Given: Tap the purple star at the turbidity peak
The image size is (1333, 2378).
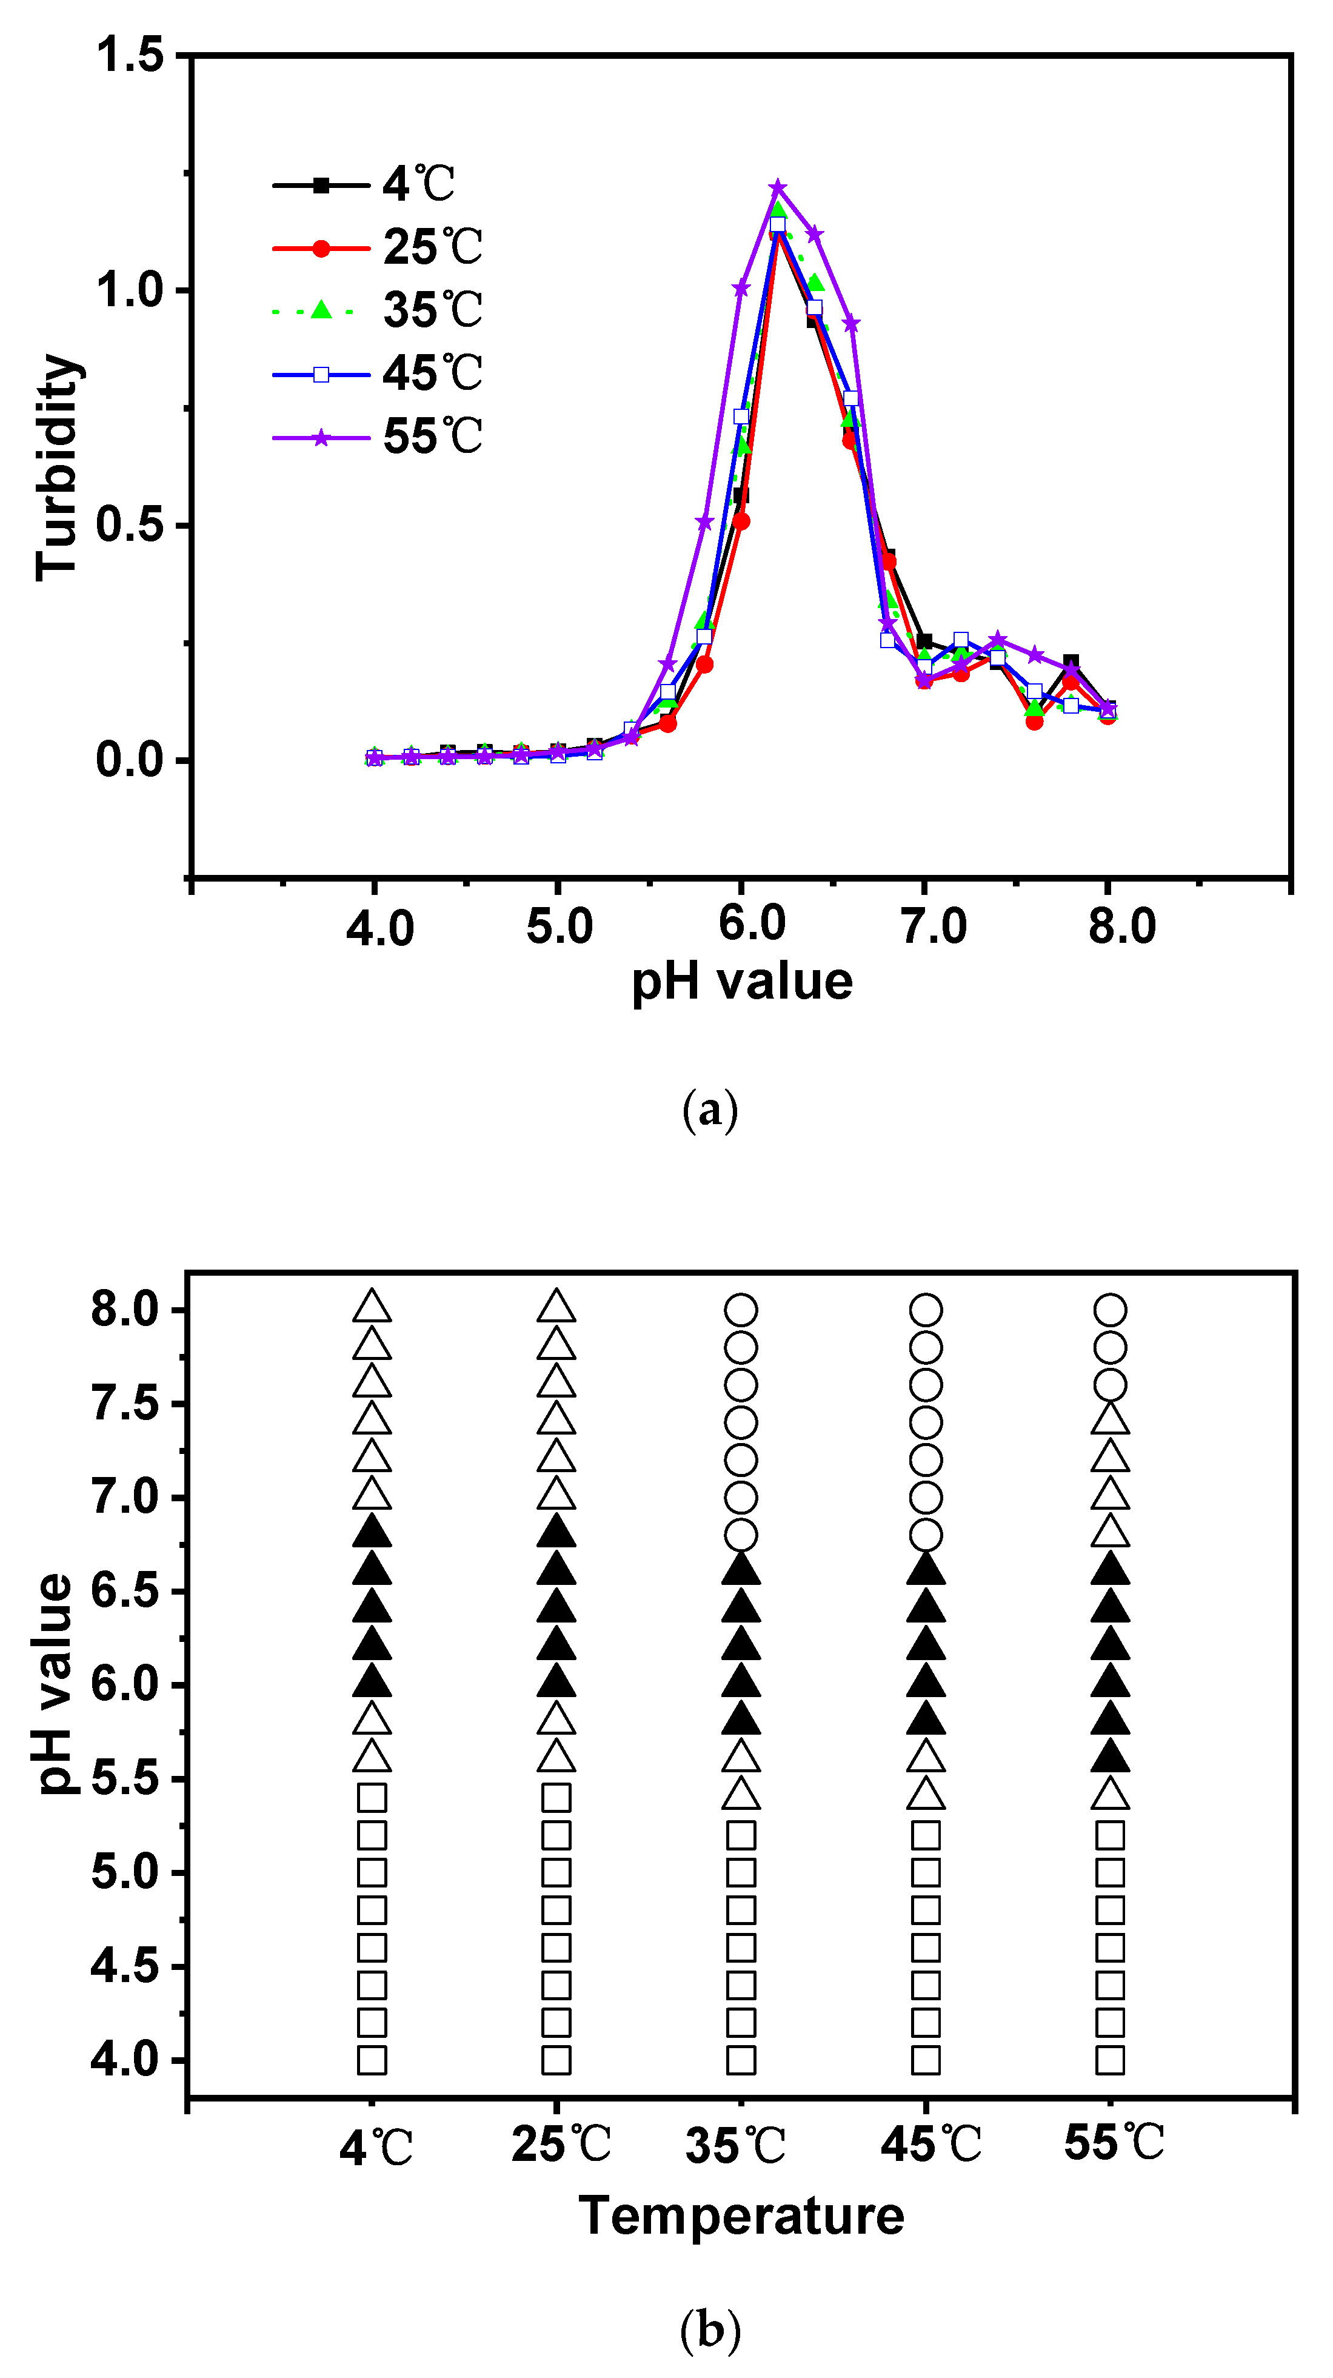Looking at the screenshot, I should click(777, 187).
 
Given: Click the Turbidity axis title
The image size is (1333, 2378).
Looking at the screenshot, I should click(57, 468).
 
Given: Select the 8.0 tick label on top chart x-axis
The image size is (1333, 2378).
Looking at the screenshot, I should click(1121, 926).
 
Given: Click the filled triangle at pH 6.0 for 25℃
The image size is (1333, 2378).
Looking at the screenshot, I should click(556, 1681).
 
